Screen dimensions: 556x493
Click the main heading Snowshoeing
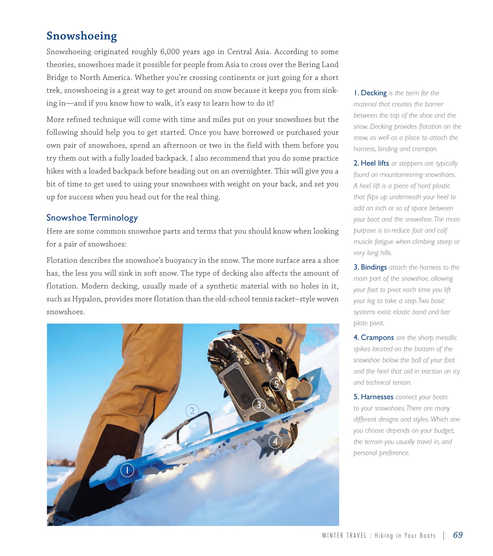(x=82, y=36)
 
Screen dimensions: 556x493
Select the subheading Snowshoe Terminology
(x=92, y=218)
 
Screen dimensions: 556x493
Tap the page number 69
(x=458, y=535)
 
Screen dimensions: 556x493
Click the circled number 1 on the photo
(x=127, y=470)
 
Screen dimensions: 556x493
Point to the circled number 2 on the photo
(x=192, y=410)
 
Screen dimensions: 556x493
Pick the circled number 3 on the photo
(x=259, y=405)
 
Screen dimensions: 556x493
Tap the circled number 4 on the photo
(x=275, y=442)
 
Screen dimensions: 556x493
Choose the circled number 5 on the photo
(x=276, y=384)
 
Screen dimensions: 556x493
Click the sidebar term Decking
(x=374, y=93)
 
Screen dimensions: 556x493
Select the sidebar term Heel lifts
(x=375, y=163)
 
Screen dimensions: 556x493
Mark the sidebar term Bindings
(x=374, y=267)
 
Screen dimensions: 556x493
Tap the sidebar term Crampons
(x=377, y=338)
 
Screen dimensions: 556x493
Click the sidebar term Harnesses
(x=377, y=397)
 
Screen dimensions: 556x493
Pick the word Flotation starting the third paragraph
(x=62, y=260)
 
